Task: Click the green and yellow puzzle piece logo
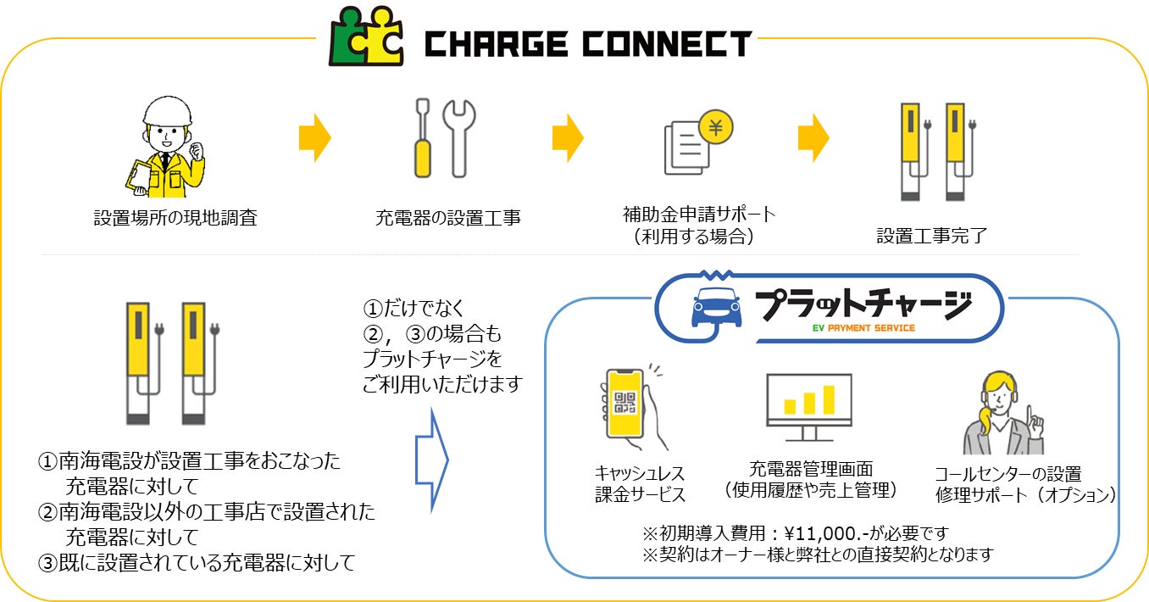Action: [x=367, y=36]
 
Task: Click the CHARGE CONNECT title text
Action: [x=587, y=43]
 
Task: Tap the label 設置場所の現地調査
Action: [x=175, y=219]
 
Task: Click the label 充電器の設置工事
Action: [x=447, y=219]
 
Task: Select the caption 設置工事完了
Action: [x=931, y=236]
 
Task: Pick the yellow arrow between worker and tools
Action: [x=314, y=138]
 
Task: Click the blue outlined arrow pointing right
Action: [x=432, y=460]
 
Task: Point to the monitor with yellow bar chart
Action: [x=808, y=405]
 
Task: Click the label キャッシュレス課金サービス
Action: [x=640, y=484]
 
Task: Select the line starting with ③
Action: [x=197, y=560]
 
